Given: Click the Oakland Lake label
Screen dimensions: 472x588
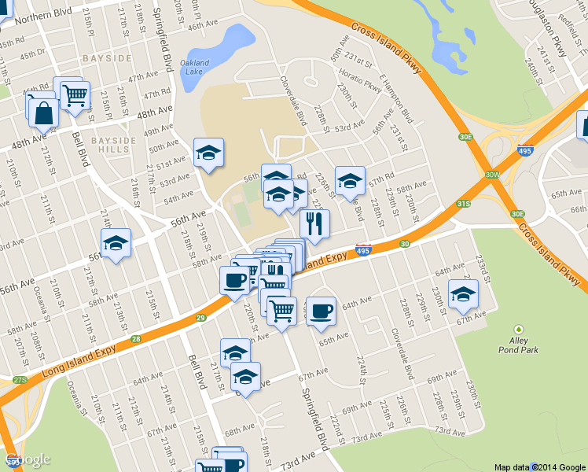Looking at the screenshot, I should tap(194, 67).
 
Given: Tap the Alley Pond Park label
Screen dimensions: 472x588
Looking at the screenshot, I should tap(518, 345).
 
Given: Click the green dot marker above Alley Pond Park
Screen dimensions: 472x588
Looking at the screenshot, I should tap(518, 330).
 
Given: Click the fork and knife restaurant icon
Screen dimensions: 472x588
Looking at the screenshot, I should tap(314, 223).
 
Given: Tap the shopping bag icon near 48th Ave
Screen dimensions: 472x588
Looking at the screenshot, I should tap(44, 113).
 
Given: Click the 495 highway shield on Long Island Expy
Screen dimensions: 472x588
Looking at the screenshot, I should tap(362, 251).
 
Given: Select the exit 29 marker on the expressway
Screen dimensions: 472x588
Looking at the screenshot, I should tap(201, 318).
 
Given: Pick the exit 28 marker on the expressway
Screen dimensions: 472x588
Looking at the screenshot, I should tap(136, 339).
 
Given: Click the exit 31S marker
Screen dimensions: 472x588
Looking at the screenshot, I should tap(464, 205).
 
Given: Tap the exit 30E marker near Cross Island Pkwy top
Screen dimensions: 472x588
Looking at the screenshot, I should tap(466, 137).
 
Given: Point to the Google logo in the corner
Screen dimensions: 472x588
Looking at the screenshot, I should tap(28, 459).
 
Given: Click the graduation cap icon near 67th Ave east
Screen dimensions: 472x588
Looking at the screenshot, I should tap(463, 293).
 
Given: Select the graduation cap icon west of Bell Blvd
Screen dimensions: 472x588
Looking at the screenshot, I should tap(116, 242).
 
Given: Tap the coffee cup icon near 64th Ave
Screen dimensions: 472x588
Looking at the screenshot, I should tap(320, 310).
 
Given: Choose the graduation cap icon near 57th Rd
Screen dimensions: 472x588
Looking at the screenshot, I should tap(350, 180).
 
